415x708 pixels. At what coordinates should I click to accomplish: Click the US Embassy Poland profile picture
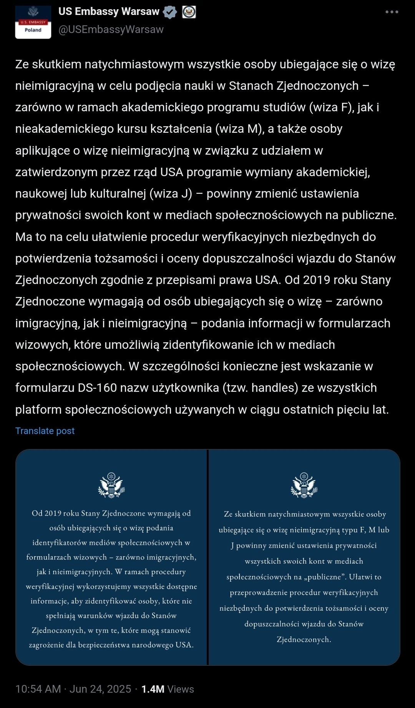point(33,22)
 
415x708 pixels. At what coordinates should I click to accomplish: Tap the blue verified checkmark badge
point(170,12)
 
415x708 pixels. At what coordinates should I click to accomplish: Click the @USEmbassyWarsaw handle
point(111,30)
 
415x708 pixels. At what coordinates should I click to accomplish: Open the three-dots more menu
point(392,12)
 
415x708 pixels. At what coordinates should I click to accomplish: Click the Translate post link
point(45,431)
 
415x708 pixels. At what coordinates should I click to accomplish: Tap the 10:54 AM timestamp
point(38,689)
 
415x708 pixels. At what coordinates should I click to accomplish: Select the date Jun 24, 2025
point(100,689)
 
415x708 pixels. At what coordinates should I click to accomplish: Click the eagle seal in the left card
point(111,485)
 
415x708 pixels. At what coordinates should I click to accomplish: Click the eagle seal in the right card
point(304,485)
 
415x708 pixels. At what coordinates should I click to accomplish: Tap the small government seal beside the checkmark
point(189,12)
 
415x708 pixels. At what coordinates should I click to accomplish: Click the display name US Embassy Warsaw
point(109,12)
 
